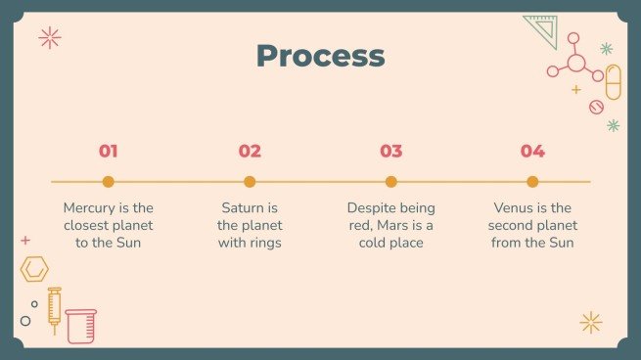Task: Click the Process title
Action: click(320, 55)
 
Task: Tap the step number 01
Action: click(109, 151)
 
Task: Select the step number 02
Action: click(250, 151)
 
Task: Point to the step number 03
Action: click(390, 151)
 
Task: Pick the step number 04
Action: click(532, 151)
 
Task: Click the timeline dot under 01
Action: click(109, 181)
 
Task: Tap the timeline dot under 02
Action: click(250, 181)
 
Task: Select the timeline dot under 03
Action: click(391, 181)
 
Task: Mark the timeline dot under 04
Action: click(532, 181)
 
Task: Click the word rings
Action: click(263, 243)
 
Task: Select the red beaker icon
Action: click(81, 325)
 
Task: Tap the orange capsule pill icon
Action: click(614, 82)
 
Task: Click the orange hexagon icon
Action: click(35, 268)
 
